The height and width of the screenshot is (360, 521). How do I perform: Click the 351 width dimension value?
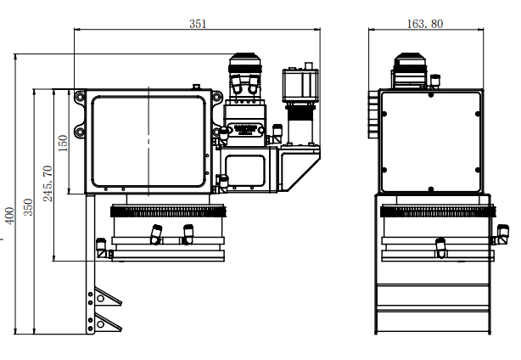click(x=198, y=24)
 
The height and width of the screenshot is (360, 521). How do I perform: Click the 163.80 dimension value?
click(x=424, y=24)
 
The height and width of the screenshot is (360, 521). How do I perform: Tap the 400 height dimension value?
click(x=9, y=216)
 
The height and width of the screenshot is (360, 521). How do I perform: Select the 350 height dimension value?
click(x=29, y=207)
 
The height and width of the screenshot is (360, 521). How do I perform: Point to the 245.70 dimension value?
click(x=48, y=183)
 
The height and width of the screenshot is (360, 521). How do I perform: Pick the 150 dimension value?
click(x=63, y=143)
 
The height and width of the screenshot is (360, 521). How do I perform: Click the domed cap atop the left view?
click(x=245, y=59)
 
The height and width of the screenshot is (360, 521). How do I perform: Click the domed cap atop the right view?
click(x=410, y=59)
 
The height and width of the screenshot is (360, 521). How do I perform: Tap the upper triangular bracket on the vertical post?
click(x=107, y=297)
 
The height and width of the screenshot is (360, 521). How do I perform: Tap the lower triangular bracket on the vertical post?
click(x=107, y=323)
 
